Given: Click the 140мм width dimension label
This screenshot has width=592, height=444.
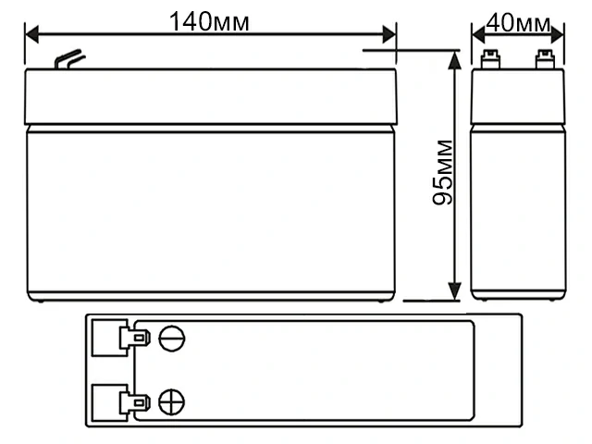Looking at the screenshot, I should coord(209,21).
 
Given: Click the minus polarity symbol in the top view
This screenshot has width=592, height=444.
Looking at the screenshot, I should coord(171,337).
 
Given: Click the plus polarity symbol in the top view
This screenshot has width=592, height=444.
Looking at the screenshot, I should coord(171,401).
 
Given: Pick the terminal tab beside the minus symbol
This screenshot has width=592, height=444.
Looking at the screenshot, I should coord(139,337).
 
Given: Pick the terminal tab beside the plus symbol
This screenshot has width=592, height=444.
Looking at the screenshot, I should coord(139,401).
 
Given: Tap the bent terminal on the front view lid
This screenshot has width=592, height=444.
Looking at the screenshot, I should coord(67,61).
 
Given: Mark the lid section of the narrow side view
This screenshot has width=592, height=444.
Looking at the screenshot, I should coord(517,98).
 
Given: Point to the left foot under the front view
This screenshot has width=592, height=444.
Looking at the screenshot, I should coord(39,301).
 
